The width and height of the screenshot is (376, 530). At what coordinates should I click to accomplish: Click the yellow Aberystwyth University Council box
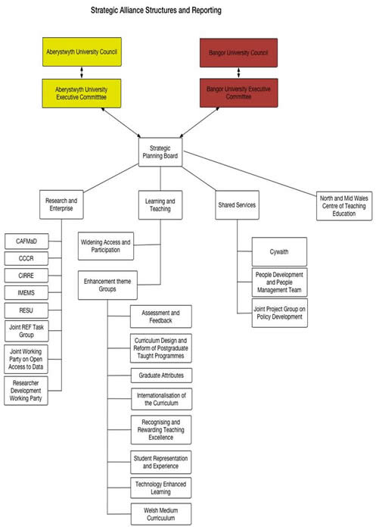click(x=82, y=51)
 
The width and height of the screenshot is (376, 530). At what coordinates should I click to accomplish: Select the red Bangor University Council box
click(x=238, y=53)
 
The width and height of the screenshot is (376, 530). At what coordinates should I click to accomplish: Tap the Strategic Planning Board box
click(x=160, y=152)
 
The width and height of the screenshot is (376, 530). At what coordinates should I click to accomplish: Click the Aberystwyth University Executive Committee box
click(x=82, y=93)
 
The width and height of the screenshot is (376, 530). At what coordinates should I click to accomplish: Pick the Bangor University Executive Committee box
click(x=238, y=93)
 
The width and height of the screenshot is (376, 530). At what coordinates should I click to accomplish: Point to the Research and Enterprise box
click(x=61, y=204)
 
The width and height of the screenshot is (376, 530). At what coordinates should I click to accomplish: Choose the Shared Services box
click(x=237, y=205)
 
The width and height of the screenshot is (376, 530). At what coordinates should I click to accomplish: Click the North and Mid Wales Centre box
click(x=344, y=206)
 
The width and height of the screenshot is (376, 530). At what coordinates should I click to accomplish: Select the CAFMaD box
click(x=26, y=242)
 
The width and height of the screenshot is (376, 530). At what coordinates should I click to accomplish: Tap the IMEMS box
click(x=26, y=293)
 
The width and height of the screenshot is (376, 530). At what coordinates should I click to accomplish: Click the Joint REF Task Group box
click(x=26, y=331)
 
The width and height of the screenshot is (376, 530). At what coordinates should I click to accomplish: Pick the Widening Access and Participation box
click(x=106, y=246)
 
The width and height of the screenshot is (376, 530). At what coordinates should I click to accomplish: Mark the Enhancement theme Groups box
click(x=107, y=285)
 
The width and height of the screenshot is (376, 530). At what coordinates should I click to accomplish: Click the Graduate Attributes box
click(x=161, y=376)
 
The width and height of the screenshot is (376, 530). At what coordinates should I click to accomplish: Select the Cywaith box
click(x=279, y=251)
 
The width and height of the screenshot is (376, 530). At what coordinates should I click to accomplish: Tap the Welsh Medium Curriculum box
click(x=161, y=514)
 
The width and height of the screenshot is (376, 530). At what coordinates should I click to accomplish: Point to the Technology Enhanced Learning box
click(x=161, y=488)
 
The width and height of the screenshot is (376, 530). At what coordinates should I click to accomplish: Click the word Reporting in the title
click(x=207, y=11)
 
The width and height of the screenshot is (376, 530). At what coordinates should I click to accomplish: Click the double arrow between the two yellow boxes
click(x=82, y=73)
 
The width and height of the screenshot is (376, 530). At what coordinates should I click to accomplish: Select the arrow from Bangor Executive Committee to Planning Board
click(x=199, y=123)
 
